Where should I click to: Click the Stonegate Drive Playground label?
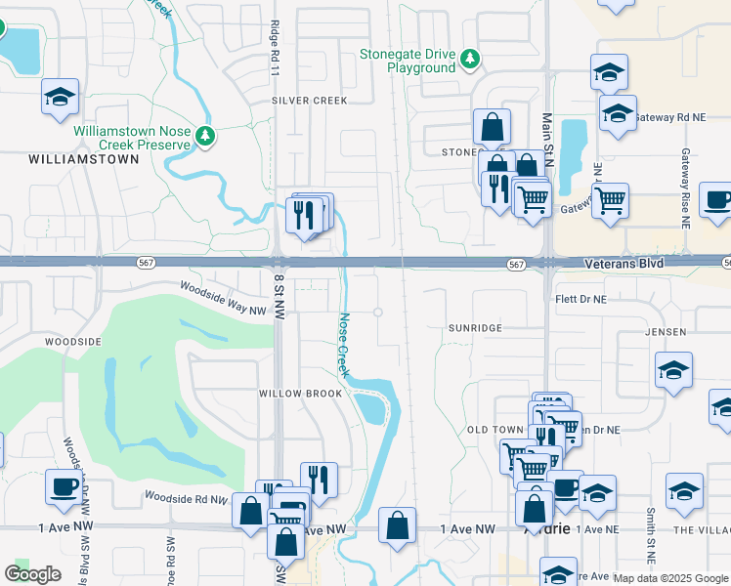tap(408, 62)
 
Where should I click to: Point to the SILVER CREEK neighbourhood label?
tap(310, 101)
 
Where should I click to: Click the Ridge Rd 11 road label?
tap(275, 49)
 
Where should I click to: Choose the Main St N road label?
tap(547, 139)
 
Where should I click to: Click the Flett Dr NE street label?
tap(580, 299)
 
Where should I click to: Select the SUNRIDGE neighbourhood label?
tap(475, 328)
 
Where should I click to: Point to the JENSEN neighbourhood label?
tap(666, 332)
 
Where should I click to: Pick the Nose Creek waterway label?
tap(344, 345)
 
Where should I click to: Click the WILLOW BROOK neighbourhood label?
tap(300, 394)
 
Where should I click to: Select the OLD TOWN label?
tap(496, 430)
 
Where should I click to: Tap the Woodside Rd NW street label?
tap(185, 497)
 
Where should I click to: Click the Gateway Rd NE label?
tap(670, 117)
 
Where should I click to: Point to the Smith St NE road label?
tap(649, 527)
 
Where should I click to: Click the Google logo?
tap(32, 574)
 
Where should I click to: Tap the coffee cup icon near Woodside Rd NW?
tap(64, 486)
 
